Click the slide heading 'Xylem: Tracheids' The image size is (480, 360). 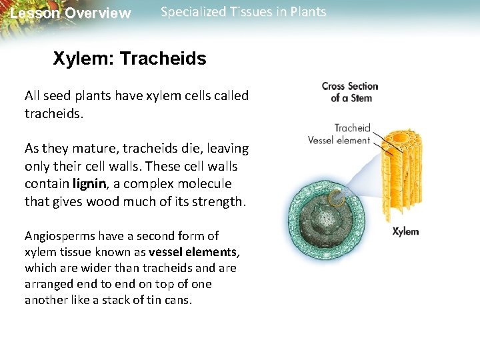(129, 59)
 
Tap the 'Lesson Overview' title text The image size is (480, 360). (71, 13)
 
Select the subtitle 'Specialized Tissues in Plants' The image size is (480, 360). (243, 12)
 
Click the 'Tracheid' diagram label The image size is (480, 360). (352, 128)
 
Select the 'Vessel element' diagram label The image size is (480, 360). (339, 140)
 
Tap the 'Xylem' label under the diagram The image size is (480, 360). (405, 231)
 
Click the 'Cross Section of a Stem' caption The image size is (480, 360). (349, 92)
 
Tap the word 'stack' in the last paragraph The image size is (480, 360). (113, 300)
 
